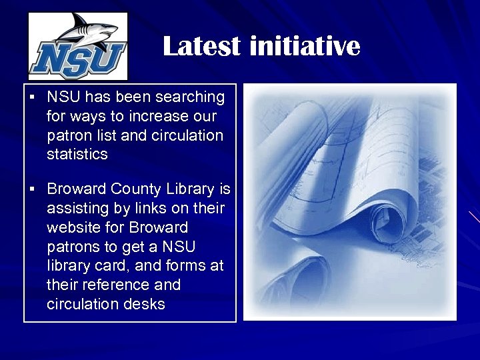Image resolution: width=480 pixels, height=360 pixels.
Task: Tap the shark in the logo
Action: (87, 31)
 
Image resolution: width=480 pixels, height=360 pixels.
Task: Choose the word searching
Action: (190, 97)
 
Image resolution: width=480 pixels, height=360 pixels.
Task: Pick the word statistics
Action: (77, 155)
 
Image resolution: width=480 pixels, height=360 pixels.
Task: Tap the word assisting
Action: (76, 209)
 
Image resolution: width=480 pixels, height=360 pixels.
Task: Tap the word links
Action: (150, 209)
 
